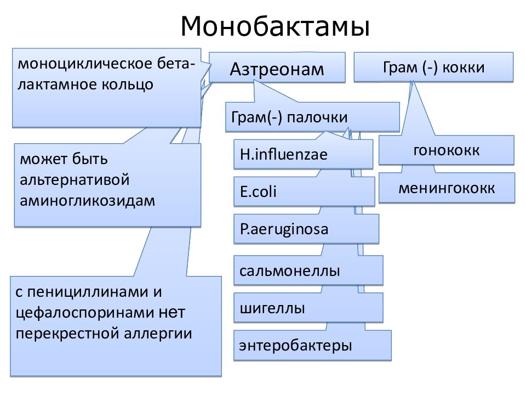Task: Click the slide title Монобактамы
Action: [x=275, y=26]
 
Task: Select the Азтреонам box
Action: [x=277, y=67]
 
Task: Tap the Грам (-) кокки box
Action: [x=433, y=67]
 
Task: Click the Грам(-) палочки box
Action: [x=312, y=117]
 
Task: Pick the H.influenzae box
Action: [x=303, y=154]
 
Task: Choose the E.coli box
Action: [x=304, y=191]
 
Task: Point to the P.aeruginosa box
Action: [x=306, y=229]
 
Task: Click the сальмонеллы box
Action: [x=308, y=270]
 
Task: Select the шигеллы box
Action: [x=308, y=308]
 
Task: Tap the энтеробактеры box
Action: [x=312, y=345]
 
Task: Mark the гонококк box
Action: [x=447, y=150]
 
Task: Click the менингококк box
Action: [x=447, y=188]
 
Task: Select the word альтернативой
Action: [x=75, y=180]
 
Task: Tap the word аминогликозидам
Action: [x=88, y=201]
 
